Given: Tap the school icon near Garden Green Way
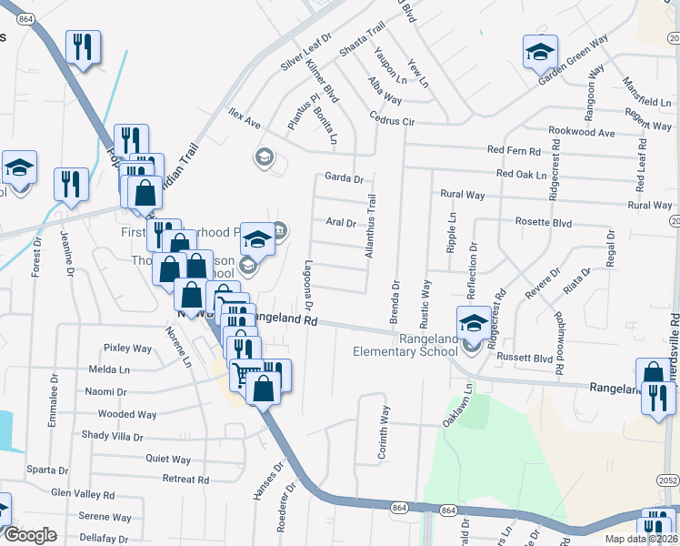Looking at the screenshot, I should [x=540, y=50].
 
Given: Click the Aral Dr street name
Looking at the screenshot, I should [x=339, y=222].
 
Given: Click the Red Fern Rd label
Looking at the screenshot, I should [x=514, y=150].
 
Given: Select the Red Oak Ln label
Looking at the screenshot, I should [x=522, y=174].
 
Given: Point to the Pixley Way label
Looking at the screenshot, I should [x=127, y=348].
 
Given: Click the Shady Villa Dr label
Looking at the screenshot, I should [x=112, y=436].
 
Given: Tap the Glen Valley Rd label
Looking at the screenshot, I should [x=83, y=494].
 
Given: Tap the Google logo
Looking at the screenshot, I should [x=30, y=535].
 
